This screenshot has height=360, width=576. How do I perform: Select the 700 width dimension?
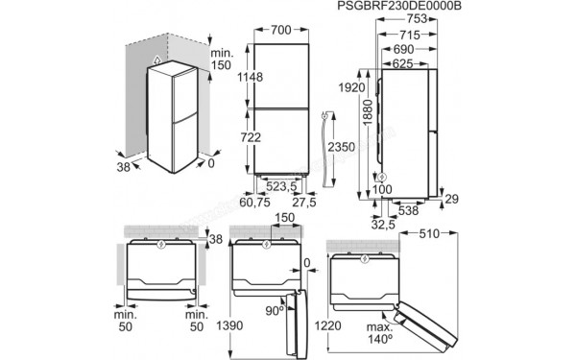(x=280, y=31)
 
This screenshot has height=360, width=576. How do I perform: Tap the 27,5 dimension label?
(x=303, y=204)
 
